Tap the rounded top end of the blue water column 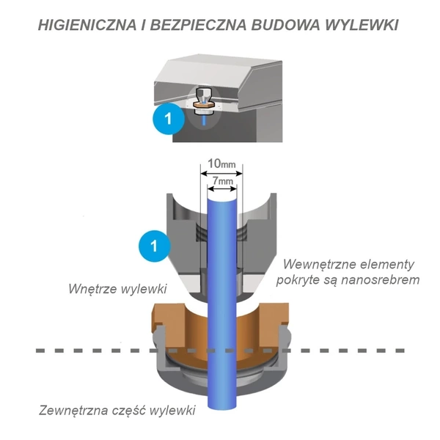click(222, 191)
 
